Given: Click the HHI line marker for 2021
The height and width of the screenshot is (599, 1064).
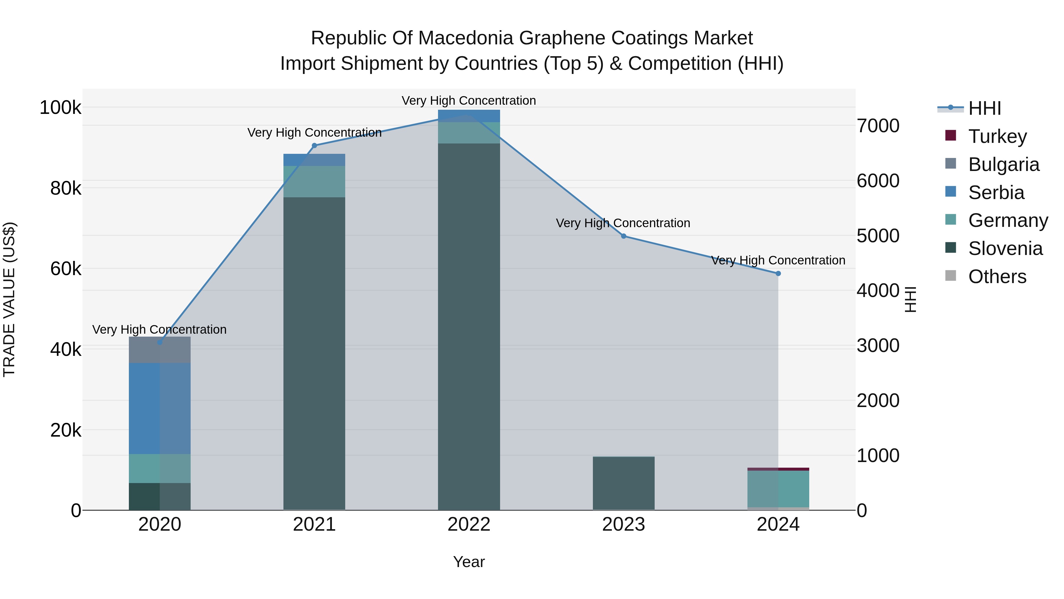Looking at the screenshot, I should point(314,146).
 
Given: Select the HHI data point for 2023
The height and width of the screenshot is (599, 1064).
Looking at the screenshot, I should point(624,236).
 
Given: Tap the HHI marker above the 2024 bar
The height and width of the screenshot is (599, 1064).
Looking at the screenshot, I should point(778,274).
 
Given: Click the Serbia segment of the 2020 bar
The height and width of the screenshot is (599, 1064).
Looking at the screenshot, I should point(160,409).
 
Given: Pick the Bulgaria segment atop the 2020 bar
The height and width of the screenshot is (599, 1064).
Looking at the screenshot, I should point(160,350).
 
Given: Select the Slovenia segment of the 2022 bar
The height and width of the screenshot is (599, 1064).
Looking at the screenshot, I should point(469,327).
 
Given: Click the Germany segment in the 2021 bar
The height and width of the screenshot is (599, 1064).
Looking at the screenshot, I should point(314,182).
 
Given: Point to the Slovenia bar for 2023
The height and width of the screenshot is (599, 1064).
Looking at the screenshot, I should point(624,483).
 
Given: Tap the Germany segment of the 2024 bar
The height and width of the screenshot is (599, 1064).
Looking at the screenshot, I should point(778,489).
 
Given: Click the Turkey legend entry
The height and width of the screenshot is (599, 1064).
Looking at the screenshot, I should point(997,136).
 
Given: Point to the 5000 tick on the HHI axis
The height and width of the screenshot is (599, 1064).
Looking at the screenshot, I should point(878,236).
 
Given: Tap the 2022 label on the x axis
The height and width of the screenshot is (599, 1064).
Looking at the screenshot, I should point(469,524).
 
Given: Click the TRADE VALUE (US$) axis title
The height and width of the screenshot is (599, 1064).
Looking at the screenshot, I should point(9,299).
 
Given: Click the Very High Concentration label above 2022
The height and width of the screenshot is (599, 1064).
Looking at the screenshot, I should point(469,101).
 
